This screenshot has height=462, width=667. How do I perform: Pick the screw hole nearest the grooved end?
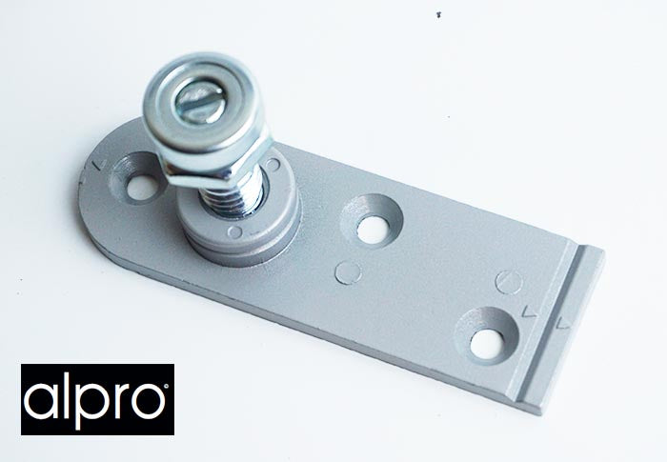(487, 336)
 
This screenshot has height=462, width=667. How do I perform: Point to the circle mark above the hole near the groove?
(510, 281)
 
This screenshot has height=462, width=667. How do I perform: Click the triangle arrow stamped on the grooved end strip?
(564, 322)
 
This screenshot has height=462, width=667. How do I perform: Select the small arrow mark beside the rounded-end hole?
(98, 164)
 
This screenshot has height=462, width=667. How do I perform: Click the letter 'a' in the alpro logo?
(45, 399)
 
